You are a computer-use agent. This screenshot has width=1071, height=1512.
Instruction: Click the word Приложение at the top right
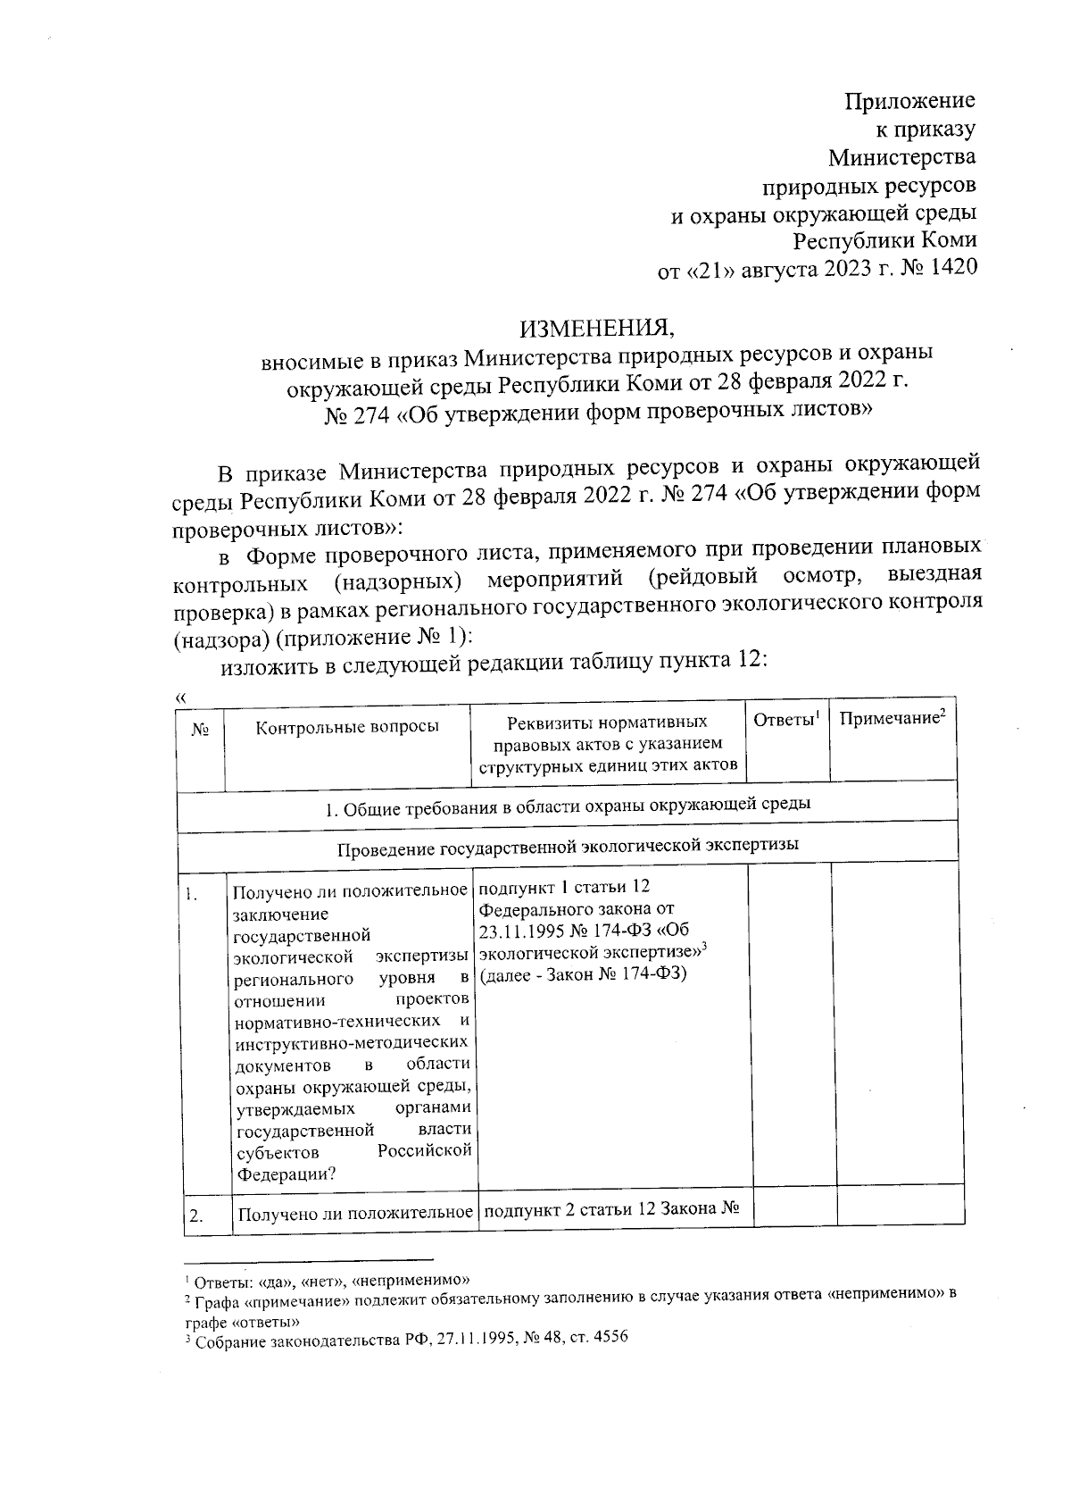(x=909, y=101)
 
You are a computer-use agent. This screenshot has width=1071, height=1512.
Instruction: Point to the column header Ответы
(x=785, y=721)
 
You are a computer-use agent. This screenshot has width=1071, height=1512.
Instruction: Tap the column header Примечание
(x=891, y=720)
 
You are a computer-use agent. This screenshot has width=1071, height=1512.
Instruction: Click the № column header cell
(x=200, y=730)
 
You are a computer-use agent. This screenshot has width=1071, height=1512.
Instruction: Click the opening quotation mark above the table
(x=182, y=697)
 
